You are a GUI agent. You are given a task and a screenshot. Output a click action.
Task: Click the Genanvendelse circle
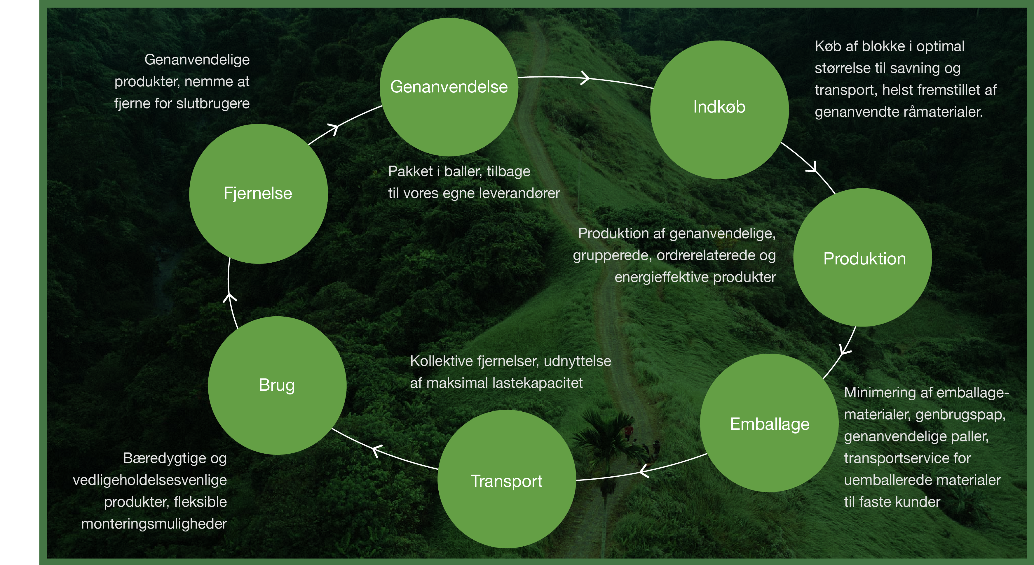[x=449, y=87]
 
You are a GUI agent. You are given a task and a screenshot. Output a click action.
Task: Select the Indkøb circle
[x=719, y=109]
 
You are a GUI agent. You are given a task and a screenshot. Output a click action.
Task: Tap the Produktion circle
[x=863, y=257]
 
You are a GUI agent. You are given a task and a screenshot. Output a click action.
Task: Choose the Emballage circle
[x=769, y=423]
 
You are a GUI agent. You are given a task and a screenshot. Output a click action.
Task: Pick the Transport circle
[x=507, y=479]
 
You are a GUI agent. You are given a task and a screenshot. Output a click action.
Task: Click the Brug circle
[x=277, y=385]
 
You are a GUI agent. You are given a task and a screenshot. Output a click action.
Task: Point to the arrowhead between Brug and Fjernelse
[x=230, y=298]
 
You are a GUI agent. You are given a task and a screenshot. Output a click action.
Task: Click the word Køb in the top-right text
[x=828, y=47]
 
